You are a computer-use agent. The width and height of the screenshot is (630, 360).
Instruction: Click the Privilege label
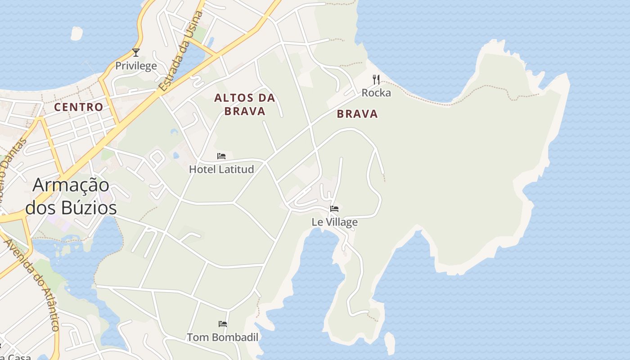(136, 66)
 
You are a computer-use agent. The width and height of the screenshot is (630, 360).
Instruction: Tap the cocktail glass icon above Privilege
(136, 53)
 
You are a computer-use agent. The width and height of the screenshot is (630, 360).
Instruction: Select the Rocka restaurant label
(376, 93)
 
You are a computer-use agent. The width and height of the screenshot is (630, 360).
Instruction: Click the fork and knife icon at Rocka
(376, 80)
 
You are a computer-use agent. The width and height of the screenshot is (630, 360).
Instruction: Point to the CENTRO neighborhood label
(79, 107)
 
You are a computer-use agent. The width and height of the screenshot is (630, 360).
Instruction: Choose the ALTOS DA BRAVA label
(245, 104)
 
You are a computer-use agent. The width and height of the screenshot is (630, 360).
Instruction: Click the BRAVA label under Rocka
(357, 114)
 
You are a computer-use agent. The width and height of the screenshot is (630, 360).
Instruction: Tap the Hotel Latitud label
(221, 169)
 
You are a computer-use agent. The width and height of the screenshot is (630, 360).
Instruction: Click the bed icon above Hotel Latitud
(221, 156)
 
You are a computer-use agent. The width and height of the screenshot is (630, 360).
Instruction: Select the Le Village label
(335, 222)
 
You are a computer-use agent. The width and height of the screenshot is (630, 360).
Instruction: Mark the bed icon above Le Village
(334, 209)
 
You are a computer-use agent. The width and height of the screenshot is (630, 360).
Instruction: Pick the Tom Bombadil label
(223, 337)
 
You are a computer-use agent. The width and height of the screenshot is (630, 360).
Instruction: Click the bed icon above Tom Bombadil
(223, 324)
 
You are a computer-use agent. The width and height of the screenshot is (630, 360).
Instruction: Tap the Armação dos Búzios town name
(71, 197)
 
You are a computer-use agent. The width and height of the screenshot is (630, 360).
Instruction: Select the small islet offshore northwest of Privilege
(76, 33)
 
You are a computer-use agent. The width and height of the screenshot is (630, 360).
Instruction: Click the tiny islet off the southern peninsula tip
(390, 342)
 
